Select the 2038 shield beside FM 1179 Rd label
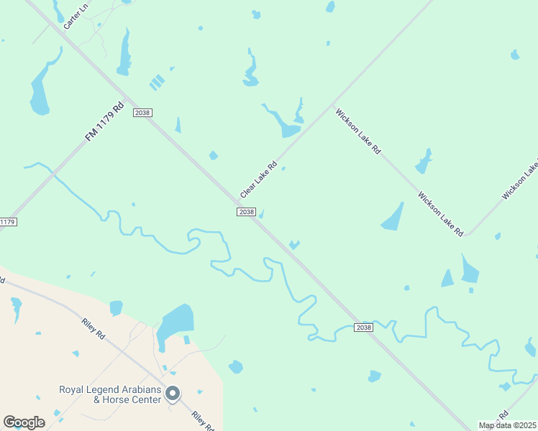(x=142, y=112)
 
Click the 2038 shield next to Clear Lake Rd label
(x=246, y=211)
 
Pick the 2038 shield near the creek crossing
(x=364, y=328)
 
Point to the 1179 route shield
(x=7, y=222)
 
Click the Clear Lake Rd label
(x=258, y=180)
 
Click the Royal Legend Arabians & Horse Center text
(x=110, y=394)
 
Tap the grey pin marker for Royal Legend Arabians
(x=173, y=393)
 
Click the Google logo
(x=24, y=422)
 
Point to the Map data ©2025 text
(x=507, y=425)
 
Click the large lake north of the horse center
(x=176, y=320)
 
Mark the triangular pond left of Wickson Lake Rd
(x=393, y=217)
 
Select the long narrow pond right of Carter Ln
(x=124, y=54)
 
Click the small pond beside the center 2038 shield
(x=261, y=213)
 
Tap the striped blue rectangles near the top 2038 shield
(x=157, y=83)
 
